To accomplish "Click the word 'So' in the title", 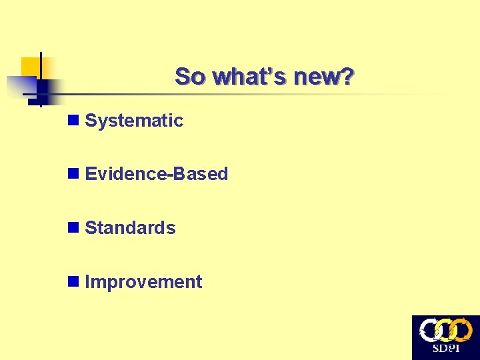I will coord(189,77).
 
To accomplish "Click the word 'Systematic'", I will coord(134,121).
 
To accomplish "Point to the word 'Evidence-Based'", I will coord(157,174).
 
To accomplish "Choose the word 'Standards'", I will coord(131,228).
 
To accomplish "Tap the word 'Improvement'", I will coord(143,282).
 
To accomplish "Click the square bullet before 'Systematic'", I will coord(73,121).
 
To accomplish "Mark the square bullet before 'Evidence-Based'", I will coord(73,174).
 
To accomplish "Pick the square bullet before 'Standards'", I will coord(73,228).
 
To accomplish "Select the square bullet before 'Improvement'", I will coord(73,282).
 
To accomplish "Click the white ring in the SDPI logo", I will coord(429,330).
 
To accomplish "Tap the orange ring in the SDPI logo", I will coord(462,330).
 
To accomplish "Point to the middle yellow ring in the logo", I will coord(445,330).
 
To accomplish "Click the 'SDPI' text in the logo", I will coord(445,349).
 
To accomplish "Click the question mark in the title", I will coord(347,77).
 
